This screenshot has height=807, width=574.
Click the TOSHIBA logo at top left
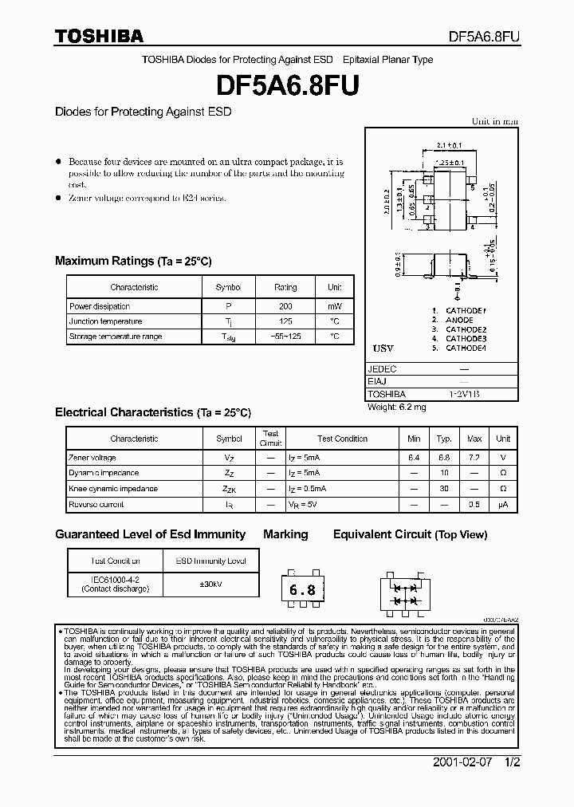pos(99,36)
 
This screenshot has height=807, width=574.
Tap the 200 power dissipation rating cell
pos(285,306)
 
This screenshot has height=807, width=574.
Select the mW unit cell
pos(334,306)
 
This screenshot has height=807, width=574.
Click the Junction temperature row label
pos(105,321)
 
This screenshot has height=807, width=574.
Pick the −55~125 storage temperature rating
pos(285,337)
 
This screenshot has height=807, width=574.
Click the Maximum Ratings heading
pos(133,261)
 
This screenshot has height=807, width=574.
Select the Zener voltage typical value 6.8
pos(444,458)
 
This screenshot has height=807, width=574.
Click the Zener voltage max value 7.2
pos(474,458)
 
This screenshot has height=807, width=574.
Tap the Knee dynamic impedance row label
pos(112,489)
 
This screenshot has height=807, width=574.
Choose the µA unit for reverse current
pos(503,504)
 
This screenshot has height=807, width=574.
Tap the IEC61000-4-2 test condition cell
pos(115,584)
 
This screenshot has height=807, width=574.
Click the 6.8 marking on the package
pos(301,591)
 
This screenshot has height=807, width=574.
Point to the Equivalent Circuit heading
pos(410,534)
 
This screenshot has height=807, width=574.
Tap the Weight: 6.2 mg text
pos(397,407)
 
